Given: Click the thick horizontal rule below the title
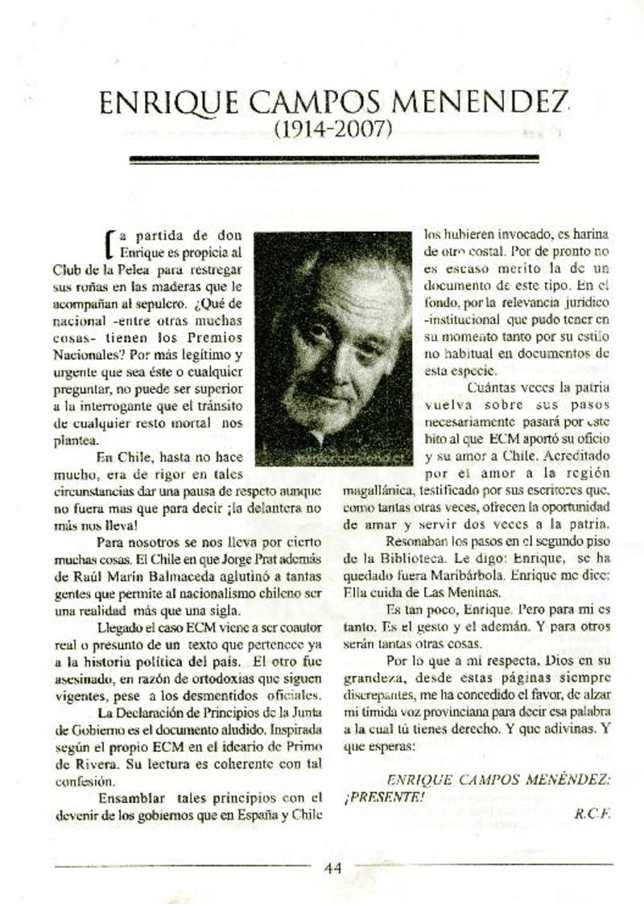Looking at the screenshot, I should click(333, 159).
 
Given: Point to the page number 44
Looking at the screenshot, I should click(333, 867).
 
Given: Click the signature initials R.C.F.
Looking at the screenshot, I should click(592, 812).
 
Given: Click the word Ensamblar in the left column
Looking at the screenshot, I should click(131, 798).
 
